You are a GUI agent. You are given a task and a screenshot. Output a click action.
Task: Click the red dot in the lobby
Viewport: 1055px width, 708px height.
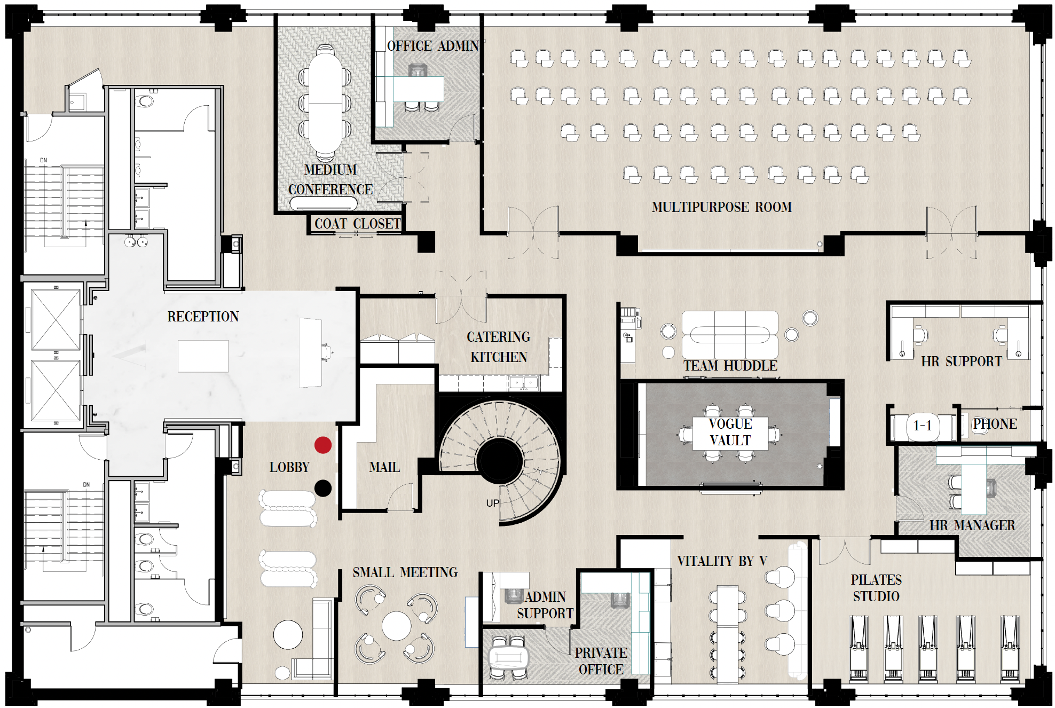322,445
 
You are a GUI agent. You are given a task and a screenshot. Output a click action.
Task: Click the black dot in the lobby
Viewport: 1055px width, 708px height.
322,488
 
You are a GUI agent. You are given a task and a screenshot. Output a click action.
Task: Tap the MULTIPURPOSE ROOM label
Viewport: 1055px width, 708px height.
721,207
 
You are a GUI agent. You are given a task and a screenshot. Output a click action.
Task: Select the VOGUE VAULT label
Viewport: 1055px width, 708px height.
730,432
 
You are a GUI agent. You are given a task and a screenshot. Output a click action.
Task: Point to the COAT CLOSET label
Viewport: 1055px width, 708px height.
357,224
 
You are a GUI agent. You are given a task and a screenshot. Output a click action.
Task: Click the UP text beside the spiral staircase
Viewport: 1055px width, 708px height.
492,503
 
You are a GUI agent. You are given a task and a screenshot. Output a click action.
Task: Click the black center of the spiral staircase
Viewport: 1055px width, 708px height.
499,461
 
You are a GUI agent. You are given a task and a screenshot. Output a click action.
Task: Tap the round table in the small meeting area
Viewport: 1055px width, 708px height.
396,625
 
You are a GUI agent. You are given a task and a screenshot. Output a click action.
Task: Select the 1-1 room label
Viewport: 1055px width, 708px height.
922,426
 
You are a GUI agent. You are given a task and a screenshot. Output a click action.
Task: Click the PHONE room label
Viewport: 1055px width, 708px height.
995,424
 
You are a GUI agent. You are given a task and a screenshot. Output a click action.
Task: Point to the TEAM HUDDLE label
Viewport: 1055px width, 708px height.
730,366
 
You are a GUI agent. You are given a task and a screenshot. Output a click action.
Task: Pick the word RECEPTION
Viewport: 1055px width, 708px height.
203,317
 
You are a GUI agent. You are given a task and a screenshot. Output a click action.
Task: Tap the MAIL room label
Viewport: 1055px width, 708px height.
384,467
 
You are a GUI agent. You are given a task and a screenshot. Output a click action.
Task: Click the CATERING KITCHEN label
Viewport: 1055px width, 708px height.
498,347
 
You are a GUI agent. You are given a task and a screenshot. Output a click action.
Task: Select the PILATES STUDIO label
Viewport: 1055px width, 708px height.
876,588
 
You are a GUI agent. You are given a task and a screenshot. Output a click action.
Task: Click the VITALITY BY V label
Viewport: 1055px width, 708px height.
722,561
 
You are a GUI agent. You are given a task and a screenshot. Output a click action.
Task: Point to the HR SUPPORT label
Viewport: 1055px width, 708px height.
961,361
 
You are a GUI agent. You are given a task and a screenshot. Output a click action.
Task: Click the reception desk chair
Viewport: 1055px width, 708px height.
326,352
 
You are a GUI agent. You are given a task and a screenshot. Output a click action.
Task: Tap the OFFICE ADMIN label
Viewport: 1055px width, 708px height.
432,46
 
